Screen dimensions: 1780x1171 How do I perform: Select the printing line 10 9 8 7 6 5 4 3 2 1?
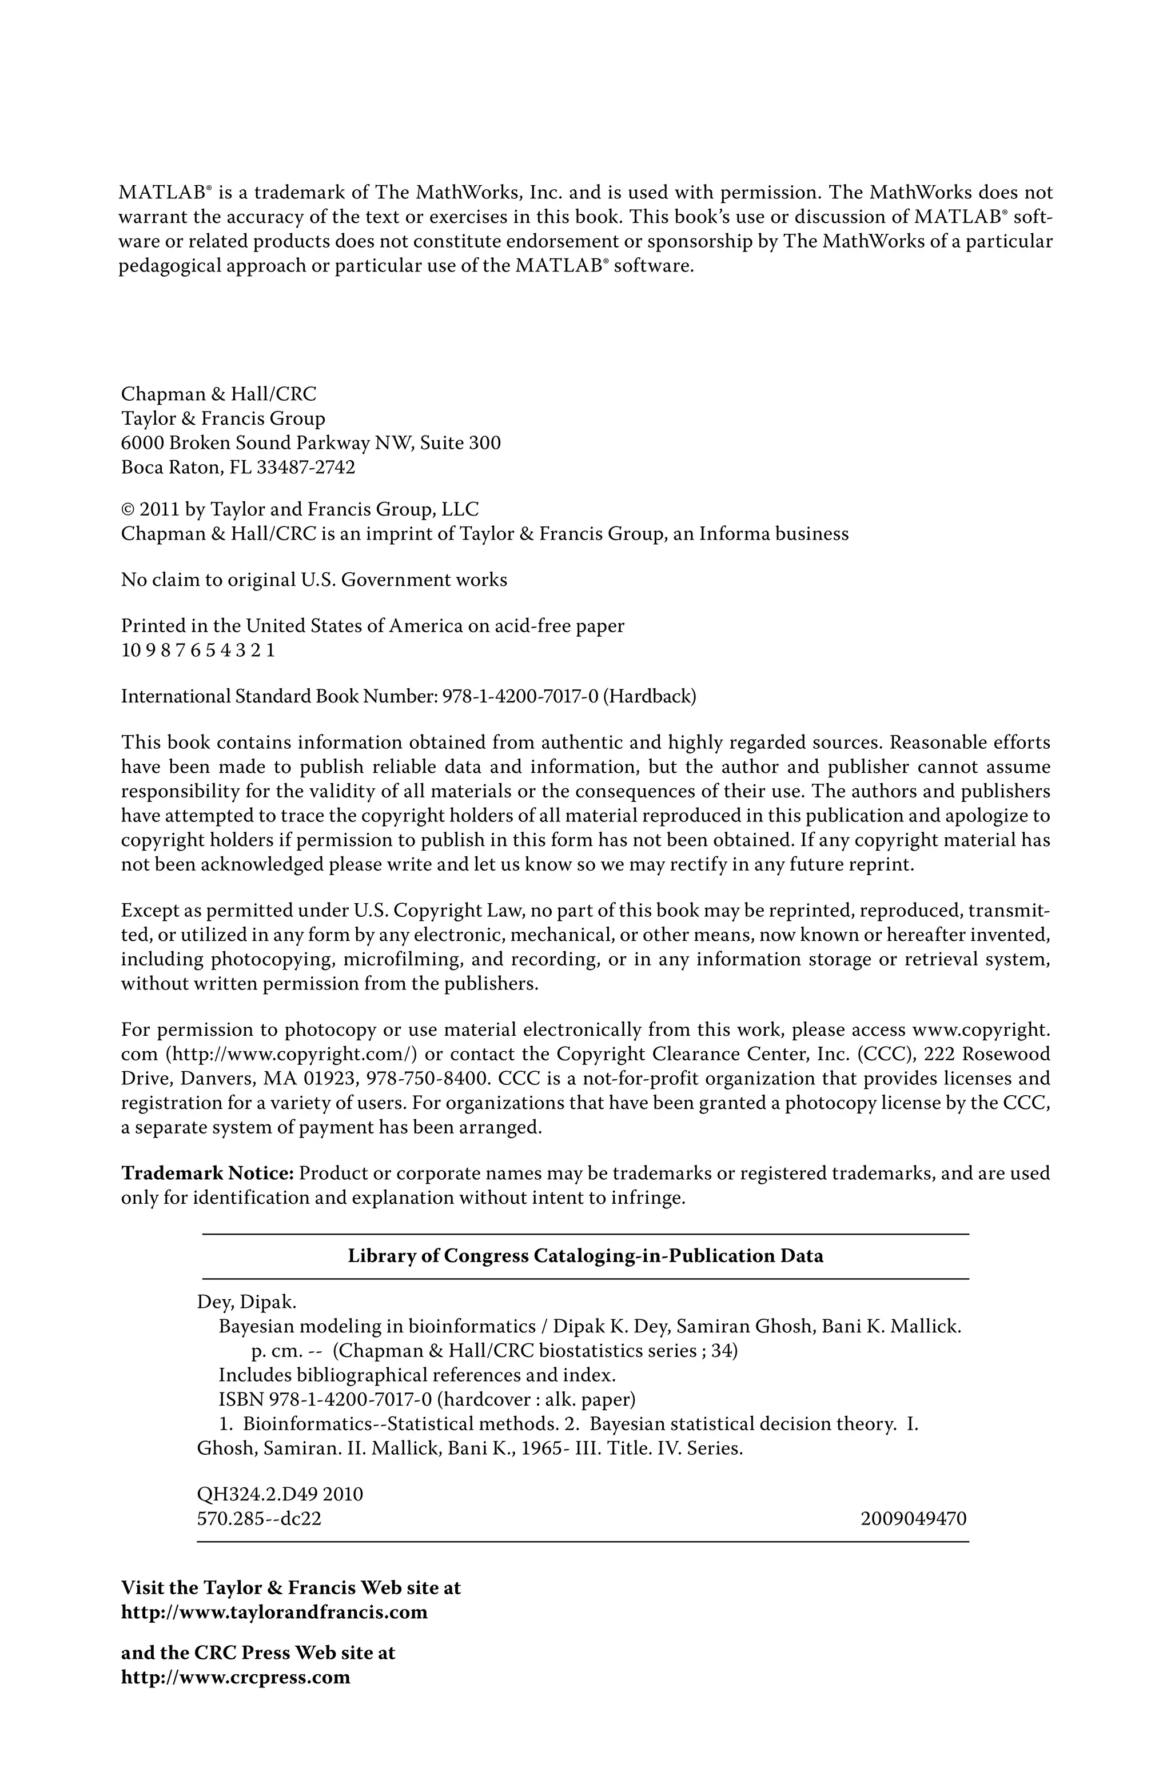(x=197, y=650)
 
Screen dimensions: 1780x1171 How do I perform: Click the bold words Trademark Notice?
(x=208, y=1173)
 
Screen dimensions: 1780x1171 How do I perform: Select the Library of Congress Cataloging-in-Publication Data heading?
(x=585, y=1256)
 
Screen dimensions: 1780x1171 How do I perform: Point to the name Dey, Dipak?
(x=246, y=1302)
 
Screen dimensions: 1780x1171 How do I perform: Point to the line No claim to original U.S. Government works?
(x=313, y=580)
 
